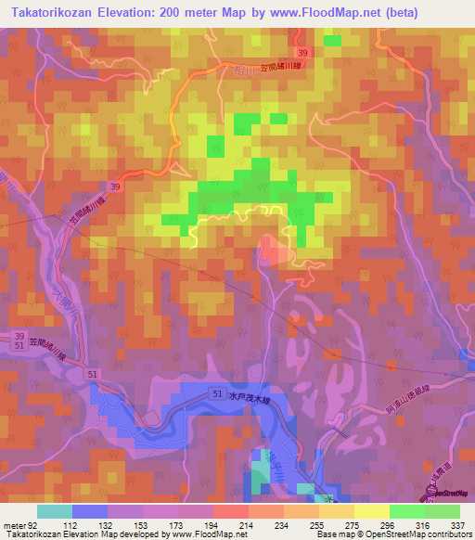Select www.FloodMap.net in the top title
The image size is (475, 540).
[x=316, y=13]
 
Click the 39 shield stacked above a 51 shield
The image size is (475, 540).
[x=19, y=335]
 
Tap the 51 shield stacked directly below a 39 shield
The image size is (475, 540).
[x=19, y=346]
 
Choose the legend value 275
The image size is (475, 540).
[x=340, y=525]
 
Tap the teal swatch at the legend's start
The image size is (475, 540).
[x=55, y=511]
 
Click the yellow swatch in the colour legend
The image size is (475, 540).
[x=372, y=511]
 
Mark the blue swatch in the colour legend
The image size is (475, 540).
[x=90, y=511]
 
